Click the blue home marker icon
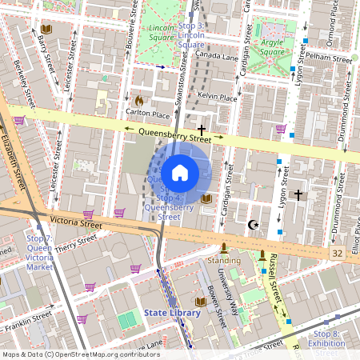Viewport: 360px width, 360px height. coord(180,172)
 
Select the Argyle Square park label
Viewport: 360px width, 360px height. coord(274,46)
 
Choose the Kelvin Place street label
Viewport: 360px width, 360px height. coord(218,98)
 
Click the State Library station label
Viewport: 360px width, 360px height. coord(171,313)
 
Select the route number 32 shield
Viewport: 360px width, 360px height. coord(337,253)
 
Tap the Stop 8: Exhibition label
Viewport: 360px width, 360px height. coord(326,338)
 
